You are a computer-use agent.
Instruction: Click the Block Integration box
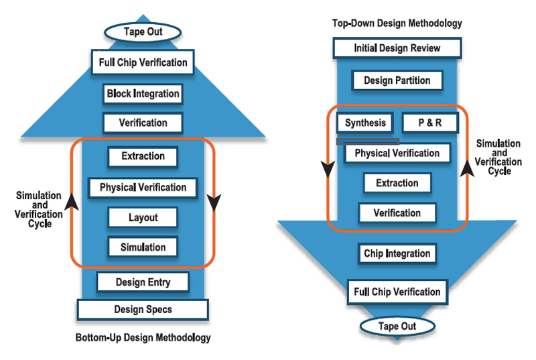[x=143, y=93]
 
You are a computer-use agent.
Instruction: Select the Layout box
[x=143, y=217]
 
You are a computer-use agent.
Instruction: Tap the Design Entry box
[x=143, y=282]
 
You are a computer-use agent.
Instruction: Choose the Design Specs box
[x=143, y=309]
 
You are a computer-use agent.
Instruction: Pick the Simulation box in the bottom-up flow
[x=143, y=247]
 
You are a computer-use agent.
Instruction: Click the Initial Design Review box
[x=397, y=48]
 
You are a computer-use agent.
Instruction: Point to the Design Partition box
[x=397, y=80]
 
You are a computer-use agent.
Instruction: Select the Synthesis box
[x=365, y=123]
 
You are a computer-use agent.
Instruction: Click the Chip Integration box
[x=397, y=253]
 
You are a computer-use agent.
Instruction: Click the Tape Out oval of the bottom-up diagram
[x=143, y=32]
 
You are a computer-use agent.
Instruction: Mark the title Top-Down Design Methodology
[x=397, y=23]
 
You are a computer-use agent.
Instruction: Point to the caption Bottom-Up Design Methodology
[x=143, y=337]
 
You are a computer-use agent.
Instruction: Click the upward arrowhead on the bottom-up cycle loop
[x=73, y=200]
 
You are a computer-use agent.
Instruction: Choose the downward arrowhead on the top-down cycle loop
[x=328, y=171]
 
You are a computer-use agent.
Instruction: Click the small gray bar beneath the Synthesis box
[x=368, y=141]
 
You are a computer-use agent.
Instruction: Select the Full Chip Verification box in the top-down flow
[x=397, y=292]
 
